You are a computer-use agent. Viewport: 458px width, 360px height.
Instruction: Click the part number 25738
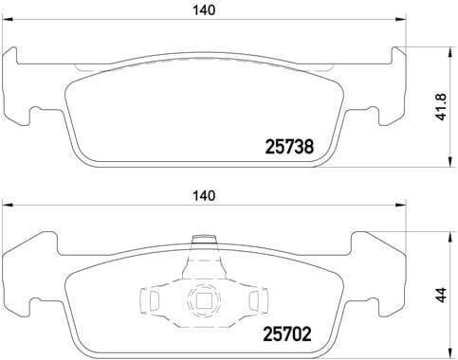coord(287,147)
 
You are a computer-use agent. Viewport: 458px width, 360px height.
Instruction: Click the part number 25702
coord(287,334)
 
